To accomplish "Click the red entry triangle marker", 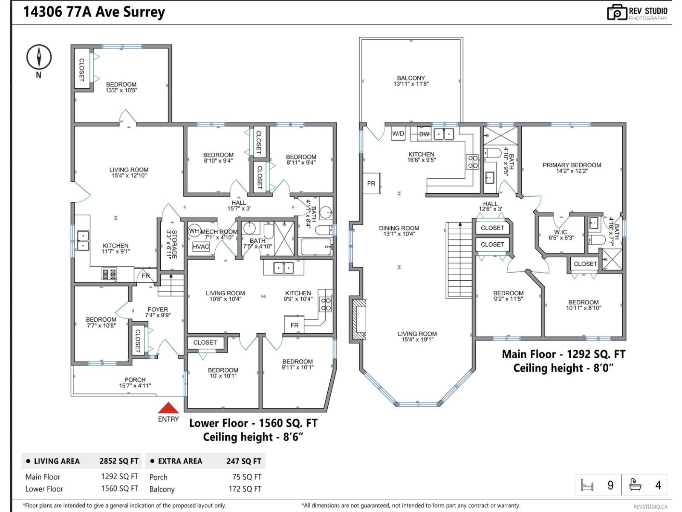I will pos(168,408).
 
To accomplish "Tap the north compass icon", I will pos(39,57).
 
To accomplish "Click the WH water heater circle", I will pos(194,231).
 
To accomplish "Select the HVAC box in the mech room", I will pos(201,247).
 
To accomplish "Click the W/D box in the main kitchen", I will pos(398,134).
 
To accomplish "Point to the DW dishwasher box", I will pos(424,134).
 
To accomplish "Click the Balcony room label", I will pos(411,78).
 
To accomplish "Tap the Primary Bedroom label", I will pos(572,165).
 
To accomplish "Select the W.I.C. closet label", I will pos(561,232).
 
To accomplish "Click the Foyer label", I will pos(158,309).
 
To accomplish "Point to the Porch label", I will pos(135,380).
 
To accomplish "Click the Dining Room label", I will pos(399,228).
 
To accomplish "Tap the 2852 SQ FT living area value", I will pos(119,461).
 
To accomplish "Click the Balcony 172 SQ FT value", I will pos(245,489).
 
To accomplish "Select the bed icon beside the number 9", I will pos(587,485).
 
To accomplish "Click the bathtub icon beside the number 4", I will pos(635,485).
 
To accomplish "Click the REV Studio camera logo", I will pos(616,12).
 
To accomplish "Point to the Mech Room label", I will pos(219,232).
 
